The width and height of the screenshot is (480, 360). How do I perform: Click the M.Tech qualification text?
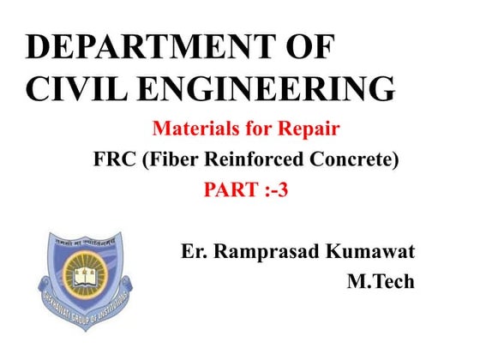coord(380,281)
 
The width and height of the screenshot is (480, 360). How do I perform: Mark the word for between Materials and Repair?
coord(256,130)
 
